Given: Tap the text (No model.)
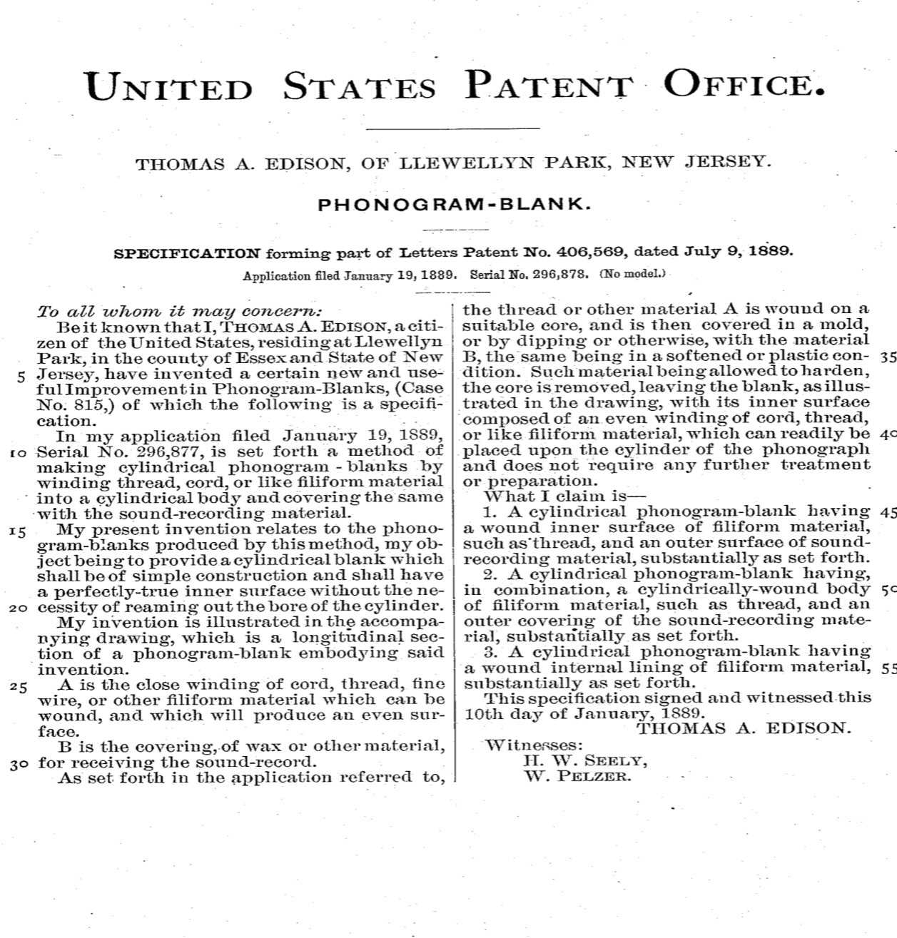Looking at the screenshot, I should pyautogui.click(x=632, y=274).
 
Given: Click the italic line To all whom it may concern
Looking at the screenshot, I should pyautogui.click(x=180, y=312).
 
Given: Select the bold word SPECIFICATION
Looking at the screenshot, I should pyautogui.click(x=188, y=253).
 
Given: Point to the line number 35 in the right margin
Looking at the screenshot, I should pyautogui.click(x=887, y=357).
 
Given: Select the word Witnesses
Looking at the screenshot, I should pyautogui.click(x=533, y=745).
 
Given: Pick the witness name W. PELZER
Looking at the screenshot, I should pyautogui.click(x=578, y=776).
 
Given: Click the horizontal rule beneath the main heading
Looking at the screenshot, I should pyautogui.click(x=453, y=129).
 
